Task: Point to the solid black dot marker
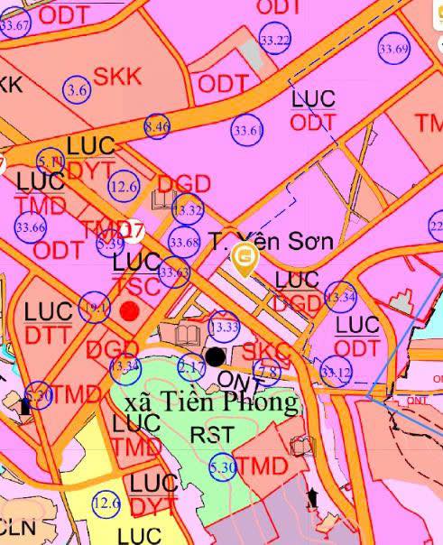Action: [215, 357]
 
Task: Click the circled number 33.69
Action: [394, 49]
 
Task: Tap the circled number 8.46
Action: [157, 126]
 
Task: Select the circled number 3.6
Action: [78, 89]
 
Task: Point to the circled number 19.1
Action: [95, 307]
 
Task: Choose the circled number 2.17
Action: [191, 367]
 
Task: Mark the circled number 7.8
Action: [267, 372]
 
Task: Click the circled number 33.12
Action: [336, 372]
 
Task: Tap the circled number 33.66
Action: [31, 227]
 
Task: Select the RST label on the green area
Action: [212, 435]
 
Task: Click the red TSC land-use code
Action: [137, 287]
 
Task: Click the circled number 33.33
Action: [224, 327]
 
